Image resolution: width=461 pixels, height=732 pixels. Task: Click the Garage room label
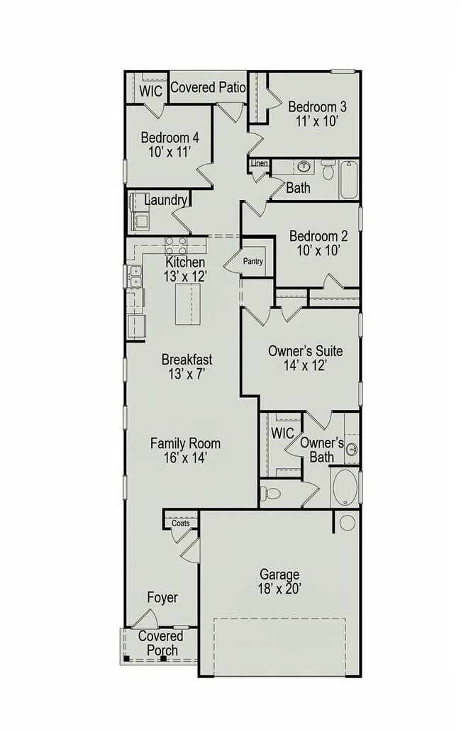279,581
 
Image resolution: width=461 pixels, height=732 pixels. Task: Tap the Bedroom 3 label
317,113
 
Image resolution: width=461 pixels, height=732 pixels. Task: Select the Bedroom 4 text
170,144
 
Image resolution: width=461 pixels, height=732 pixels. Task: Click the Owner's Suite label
305,357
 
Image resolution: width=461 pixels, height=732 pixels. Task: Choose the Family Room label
185,450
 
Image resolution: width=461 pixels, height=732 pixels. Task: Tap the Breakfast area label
187,366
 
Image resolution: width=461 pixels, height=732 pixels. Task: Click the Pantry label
252,262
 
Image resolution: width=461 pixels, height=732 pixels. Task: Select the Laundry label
166,200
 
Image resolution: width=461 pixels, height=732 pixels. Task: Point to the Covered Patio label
208,88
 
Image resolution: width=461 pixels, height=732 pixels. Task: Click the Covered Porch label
160,643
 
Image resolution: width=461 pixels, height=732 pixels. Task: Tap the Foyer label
162,598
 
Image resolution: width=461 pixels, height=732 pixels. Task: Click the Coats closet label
180,523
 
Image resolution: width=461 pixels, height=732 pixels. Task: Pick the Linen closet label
259,164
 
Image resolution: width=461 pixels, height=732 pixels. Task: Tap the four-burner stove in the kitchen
176,245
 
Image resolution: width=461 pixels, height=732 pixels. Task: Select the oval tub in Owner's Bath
346,488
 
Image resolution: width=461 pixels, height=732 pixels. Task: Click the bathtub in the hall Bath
349,179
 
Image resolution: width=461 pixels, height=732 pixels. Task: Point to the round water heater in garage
347,523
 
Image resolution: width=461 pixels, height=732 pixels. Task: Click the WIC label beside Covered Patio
150,91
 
